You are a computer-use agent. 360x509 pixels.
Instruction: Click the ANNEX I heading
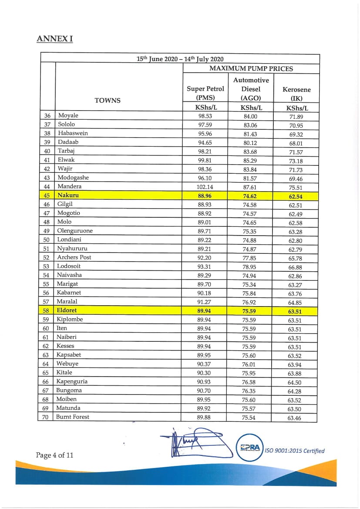(55, 39)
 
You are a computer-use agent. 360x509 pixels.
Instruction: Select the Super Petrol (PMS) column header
(205, 93)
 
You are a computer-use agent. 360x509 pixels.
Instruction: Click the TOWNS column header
(108, 101)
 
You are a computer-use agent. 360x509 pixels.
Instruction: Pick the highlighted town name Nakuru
(68, 196)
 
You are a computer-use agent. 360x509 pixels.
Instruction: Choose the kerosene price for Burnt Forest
(294, 418)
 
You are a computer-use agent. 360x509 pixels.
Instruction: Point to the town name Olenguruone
(75, 231)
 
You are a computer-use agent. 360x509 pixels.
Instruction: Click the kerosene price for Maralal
(295, 303)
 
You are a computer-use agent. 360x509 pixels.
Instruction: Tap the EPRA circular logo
(250, 447)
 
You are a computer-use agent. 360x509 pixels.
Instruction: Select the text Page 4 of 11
(54, 455)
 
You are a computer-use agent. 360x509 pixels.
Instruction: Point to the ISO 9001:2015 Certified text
(295, 451)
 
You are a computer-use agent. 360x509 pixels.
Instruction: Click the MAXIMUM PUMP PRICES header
(251, 68)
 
